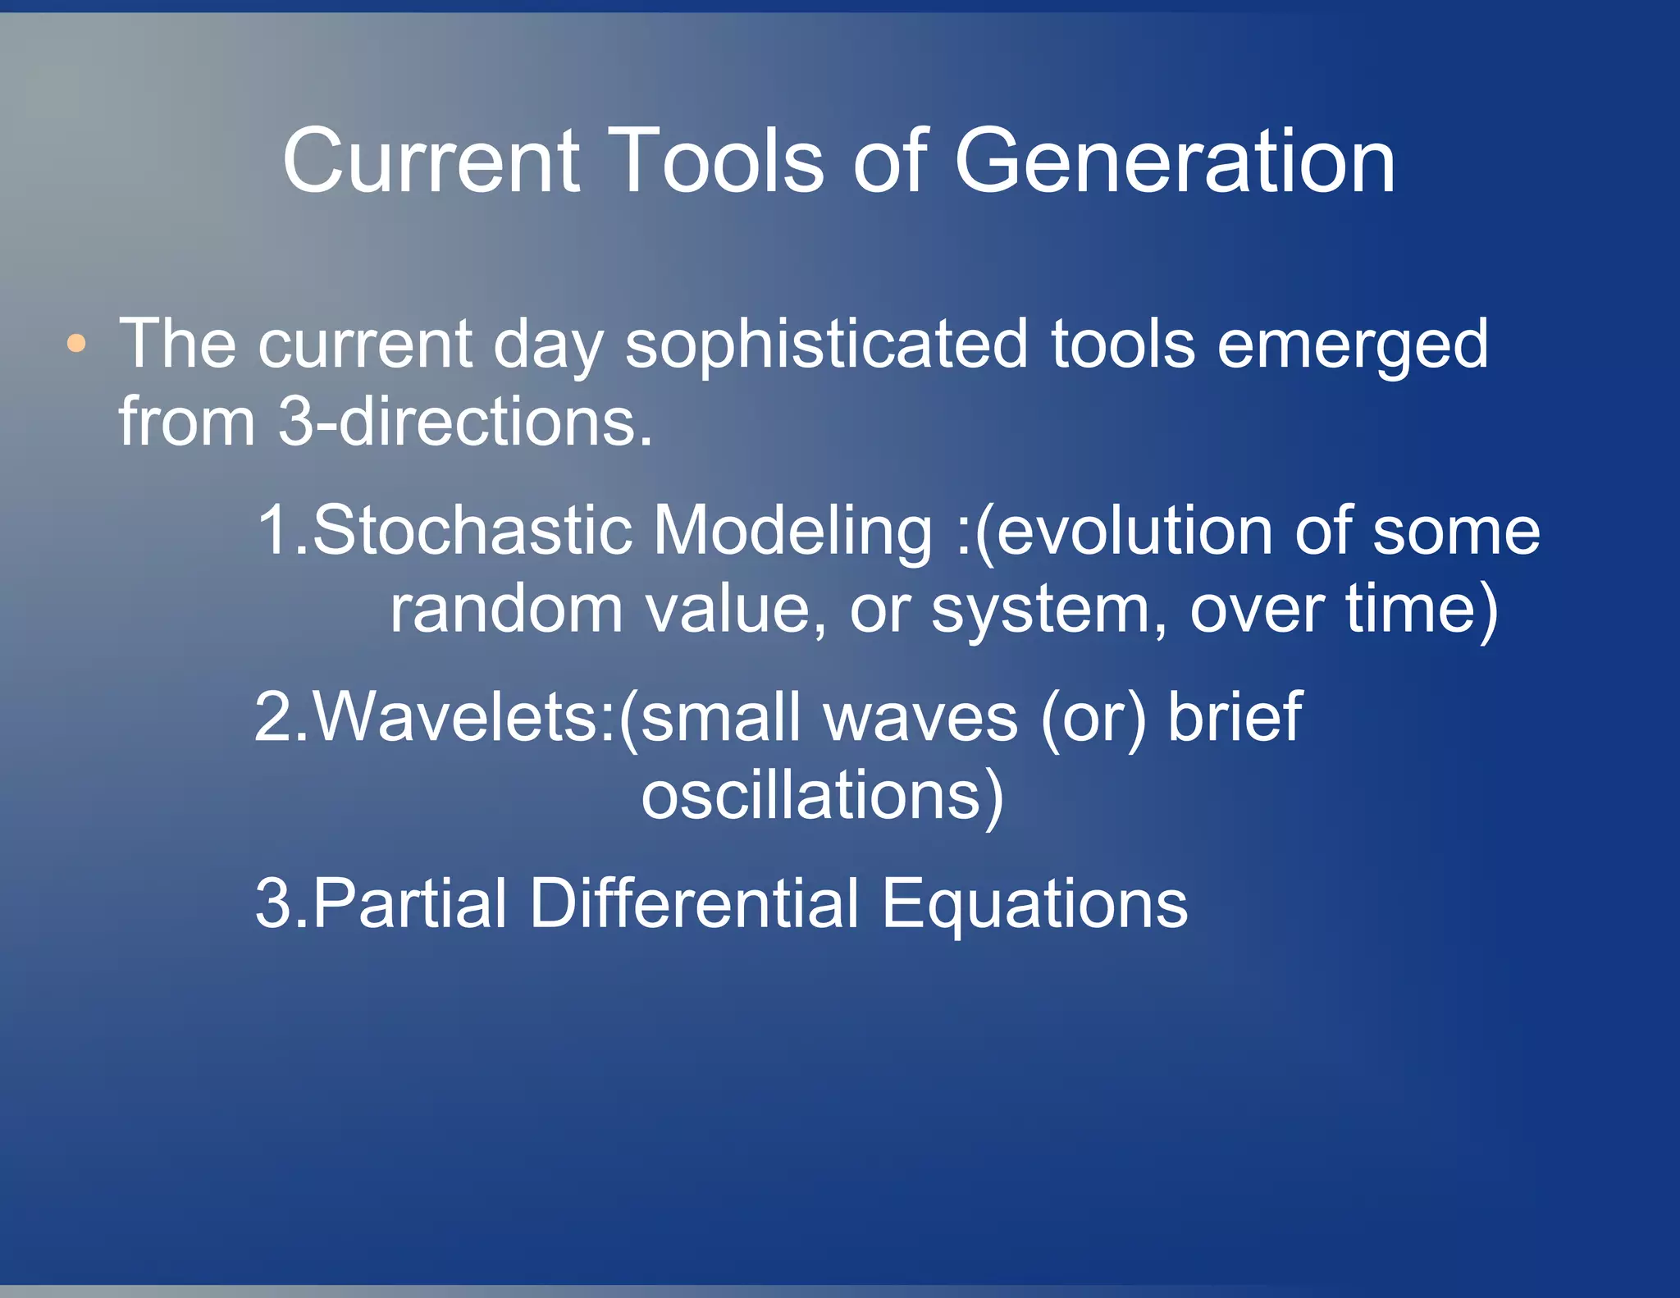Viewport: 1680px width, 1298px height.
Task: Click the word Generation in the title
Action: [1174, 162]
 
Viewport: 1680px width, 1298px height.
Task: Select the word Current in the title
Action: [431, 162]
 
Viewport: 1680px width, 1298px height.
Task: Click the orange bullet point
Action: [76, 344]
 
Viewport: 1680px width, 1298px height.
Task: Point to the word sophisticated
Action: [826, 345]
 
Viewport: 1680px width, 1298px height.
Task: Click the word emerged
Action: [1352, 345]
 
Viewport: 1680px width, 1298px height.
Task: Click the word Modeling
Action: [792, 531]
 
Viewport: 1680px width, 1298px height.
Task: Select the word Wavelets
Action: [457, 717]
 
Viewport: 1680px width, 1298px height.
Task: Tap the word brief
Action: [1235, 717]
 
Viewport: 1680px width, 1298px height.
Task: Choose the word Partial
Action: [410, 903]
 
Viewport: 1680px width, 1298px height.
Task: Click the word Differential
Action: [695, 903]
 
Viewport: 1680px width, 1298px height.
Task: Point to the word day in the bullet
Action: [548, 345]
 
